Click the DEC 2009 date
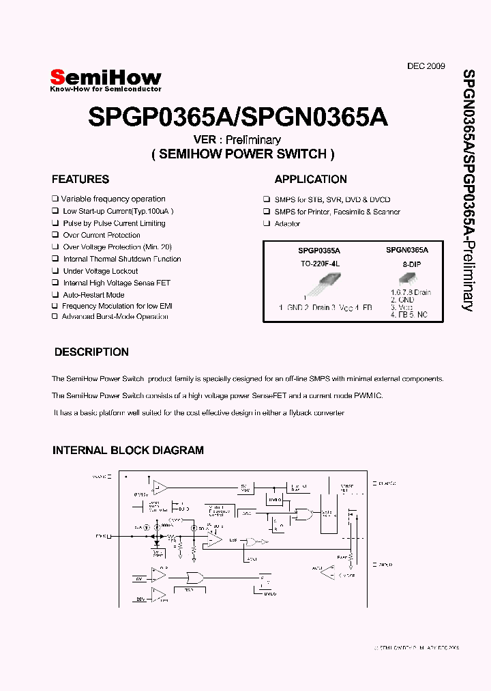click(x=426, y=66)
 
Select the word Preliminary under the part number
click(x=255, y=139)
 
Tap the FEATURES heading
click(x=80, y=180)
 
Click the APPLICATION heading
click(x=310, y=180)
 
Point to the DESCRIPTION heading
click(x=91, y=352)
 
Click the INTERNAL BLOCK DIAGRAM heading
click(x=128, y=451)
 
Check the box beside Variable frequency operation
click(x=55, y=199)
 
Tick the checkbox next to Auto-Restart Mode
click(x=55, y=295)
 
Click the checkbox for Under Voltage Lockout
click(x=55, y=271)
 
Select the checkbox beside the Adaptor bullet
click(x=267, y=223)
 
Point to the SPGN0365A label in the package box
click(x=407, y=251)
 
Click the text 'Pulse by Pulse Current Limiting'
click(x=114, y=223)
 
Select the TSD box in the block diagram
click(x=189, y=591)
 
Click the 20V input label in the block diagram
click(x=138, y=600)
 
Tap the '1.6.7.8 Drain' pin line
click(x=411, y=292)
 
